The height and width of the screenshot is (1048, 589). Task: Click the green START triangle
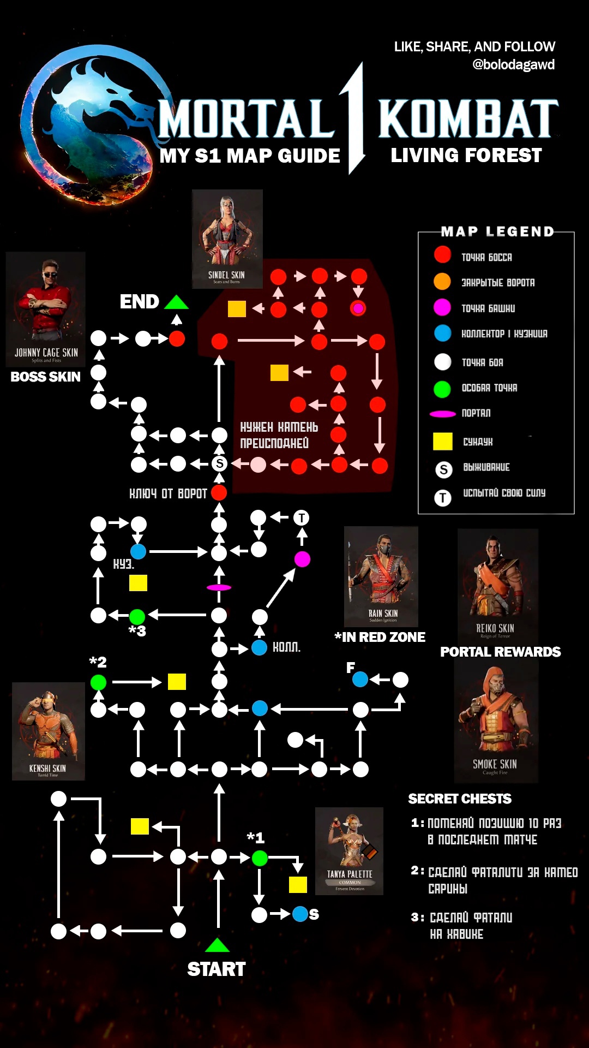pos(217,945)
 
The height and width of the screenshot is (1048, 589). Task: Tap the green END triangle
pos(176,302)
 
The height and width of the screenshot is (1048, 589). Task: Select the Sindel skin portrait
pos(227,239)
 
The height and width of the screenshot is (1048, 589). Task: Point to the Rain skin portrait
pos(381,576)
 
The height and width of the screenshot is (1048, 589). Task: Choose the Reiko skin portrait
pos(497,584)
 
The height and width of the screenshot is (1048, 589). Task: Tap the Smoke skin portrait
pos(496,723)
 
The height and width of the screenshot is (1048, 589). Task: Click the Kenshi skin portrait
pos(49,731)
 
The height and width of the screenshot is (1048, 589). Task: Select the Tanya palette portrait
pos(349,850)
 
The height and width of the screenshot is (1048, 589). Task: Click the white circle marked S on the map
pos(219,464)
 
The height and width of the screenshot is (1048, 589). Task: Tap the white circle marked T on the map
pos(301,517)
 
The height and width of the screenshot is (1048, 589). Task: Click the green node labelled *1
pos(260,858)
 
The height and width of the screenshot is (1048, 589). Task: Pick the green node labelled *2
pos(98,682)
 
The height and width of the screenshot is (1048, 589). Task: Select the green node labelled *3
pos(137,616)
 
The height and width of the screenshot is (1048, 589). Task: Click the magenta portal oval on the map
pos(219,587)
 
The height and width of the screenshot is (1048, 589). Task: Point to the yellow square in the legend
pos(442,441)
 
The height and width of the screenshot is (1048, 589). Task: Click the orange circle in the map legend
pos(442,282)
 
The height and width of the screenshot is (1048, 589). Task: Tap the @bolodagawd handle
pos(513,65)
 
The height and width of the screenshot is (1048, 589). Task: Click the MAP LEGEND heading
pos(497,232)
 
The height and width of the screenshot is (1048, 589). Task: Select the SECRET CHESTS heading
pos(460,799)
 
